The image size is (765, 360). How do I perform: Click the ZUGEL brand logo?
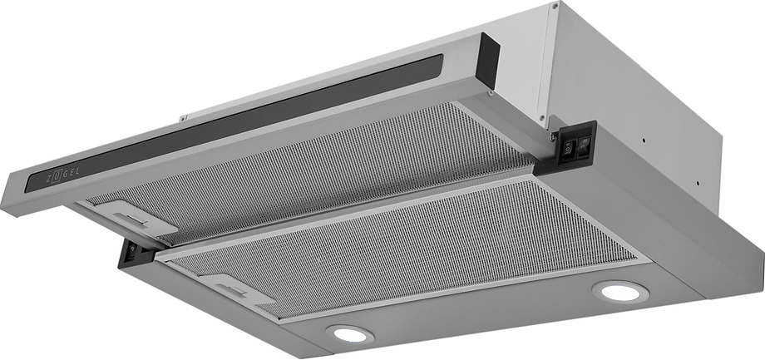click(62, 174)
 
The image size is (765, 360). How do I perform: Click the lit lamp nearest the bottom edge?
click(350, 334)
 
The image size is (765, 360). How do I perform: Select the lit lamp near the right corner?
click(620, 292)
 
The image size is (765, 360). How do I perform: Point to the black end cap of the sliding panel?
click(487, 61)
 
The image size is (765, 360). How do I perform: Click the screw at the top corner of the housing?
click(555, 6)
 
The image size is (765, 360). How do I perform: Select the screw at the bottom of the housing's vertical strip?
click(541, 117)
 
